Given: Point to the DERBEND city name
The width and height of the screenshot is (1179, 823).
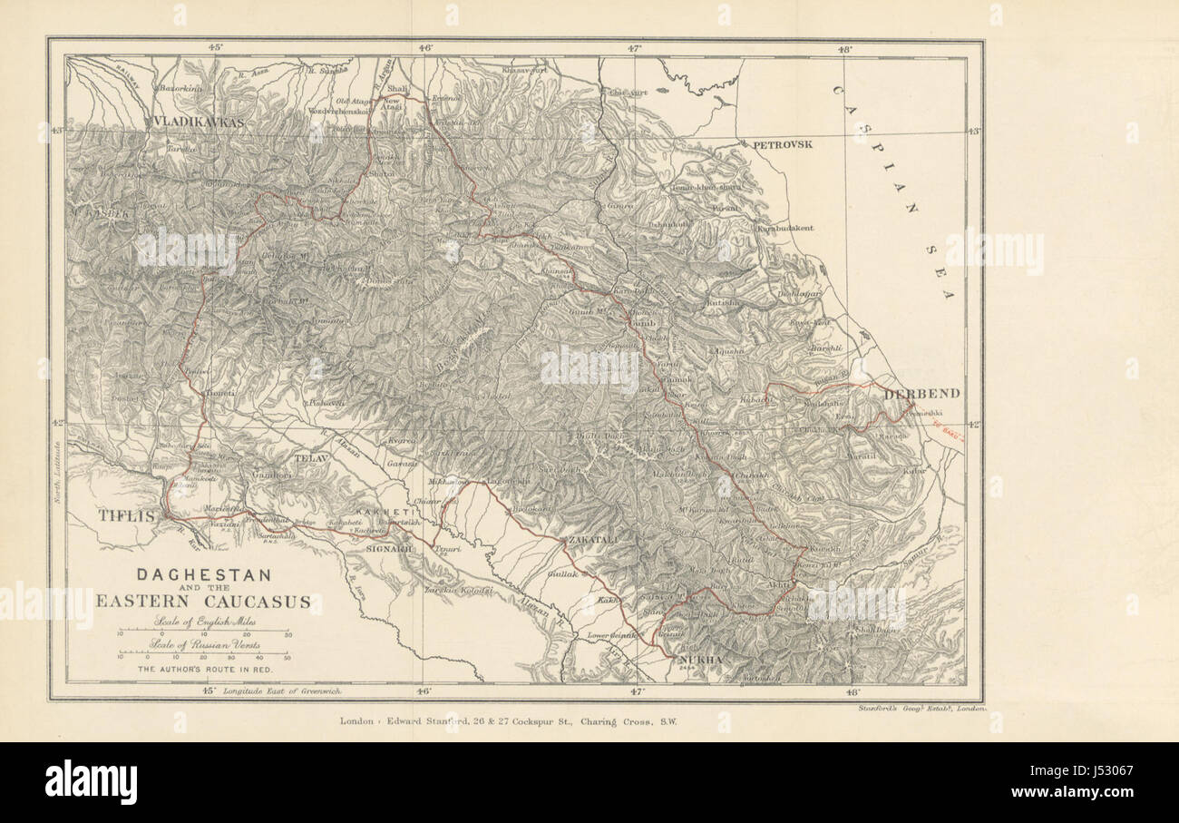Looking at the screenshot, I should pyautogui.click(x=921, y=394).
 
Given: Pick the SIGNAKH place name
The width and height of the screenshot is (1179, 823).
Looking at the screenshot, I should pyautogui.click(x=389, y=549).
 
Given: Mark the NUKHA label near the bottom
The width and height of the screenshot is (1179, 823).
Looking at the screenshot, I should pyautogui.click(x=703, y=659).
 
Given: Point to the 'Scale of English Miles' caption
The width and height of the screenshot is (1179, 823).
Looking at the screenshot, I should pyautogui.click(x=203, y=622).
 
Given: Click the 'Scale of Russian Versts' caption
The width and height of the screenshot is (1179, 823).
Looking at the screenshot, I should pyautogui.click(x=203, y=645).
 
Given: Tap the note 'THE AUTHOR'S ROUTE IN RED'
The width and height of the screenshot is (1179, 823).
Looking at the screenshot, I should pyautogui.click(x=203, y=669).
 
